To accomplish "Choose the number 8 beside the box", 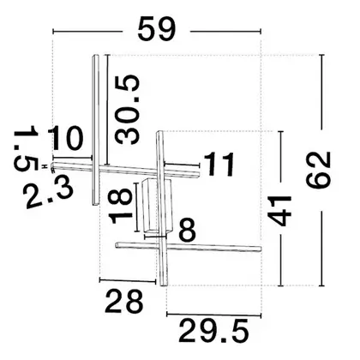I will pos(188,230).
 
